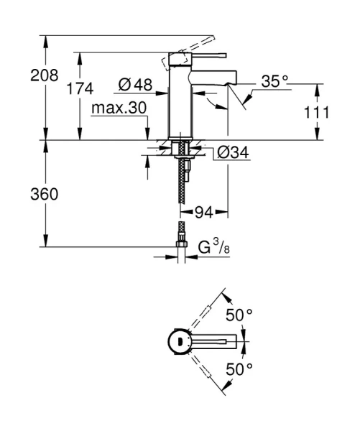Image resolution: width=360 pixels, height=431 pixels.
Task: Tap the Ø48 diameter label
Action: coord(135,85)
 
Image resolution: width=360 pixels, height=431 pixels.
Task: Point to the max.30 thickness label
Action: coord(119,108)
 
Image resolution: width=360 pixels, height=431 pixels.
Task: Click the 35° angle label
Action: coord(274,82)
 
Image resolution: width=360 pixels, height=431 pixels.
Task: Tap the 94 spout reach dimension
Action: coord(205,213)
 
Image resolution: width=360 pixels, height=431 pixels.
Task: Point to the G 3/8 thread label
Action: coord(213,249)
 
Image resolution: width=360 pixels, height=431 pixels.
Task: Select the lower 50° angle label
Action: coord(239,369)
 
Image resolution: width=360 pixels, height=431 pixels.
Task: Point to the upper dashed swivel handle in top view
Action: coord(208,312)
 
